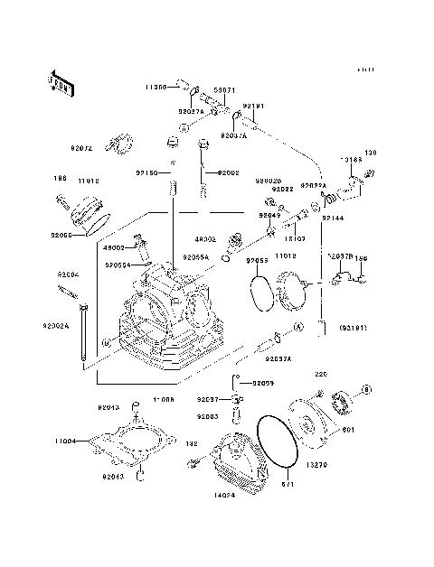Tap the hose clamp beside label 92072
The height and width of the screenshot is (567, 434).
click(118, 142)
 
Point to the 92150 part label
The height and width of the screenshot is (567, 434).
click(147, 172)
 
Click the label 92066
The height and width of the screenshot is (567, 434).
click(62, 233)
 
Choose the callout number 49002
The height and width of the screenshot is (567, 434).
click(113, 246)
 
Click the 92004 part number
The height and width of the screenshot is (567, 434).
click(68, 273)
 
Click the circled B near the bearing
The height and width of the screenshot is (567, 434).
click(367, 389)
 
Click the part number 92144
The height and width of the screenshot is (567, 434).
click(334, 218)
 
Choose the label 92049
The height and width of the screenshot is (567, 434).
click(269, 216)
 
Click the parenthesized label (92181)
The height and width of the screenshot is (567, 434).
click(354, 327)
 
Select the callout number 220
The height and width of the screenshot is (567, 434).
click(319, 373)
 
